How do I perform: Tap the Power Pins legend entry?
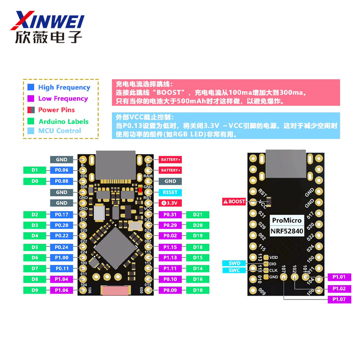[x=56, y=110]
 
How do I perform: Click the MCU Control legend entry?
[x=59, y=130]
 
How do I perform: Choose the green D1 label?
[x=35, y=170]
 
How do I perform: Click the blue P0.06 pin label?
[x=62, y=170]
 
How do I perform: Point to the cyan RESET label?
[x=170, y=192]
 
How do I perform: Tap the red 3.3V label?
[x=170, y=203]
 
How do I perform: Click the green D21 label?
[x=198, y=215]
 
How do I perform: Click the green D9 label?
[x=35, y=290]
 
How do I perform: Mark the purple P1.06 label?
[x=62, y=290]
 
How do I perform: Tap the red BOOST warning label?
[x=234, y=202]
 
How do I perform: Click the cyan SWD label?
[x=234, y=263]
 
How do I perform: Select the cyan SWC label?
[x=234, y=270]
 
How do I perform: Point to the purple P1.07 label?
[x=339, y=299]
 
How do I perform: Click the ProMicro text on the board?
[x=287, y=220]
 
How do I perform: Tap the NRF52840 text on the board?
[x=287, y=231]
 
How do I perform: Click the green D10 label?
[x=198, y=290]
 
